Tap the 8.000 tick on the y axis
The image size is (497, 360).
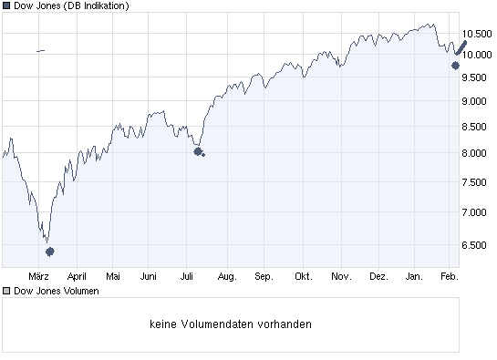(x=478, y=153)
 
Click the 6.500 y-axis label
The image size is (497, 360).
(x=478, y=244)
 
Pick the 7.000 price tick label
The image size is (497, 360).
(x=478, y=211)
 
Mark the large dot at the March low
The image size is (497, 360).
(x=50, y=251)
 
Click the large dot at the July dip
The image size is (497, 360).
(x=197, y=151)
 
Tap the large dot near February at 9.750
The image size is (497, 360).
(x=455, y=65)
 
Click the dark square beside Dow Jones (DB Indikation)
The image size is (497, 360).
(x=6, y=6)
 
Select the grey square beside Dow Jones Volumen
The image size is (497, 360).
(x=6, y=291)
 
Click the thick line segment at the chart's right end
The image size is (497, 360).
(x=461, y=46)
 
